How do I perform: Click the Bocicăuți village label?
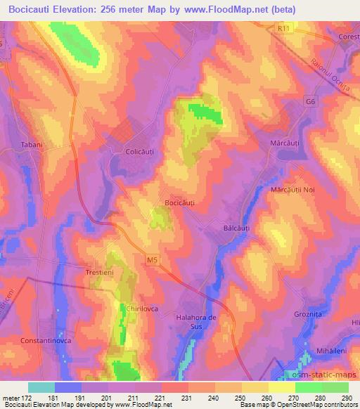click(179, 202)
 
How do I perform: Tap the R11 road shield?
click(283, 27)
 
